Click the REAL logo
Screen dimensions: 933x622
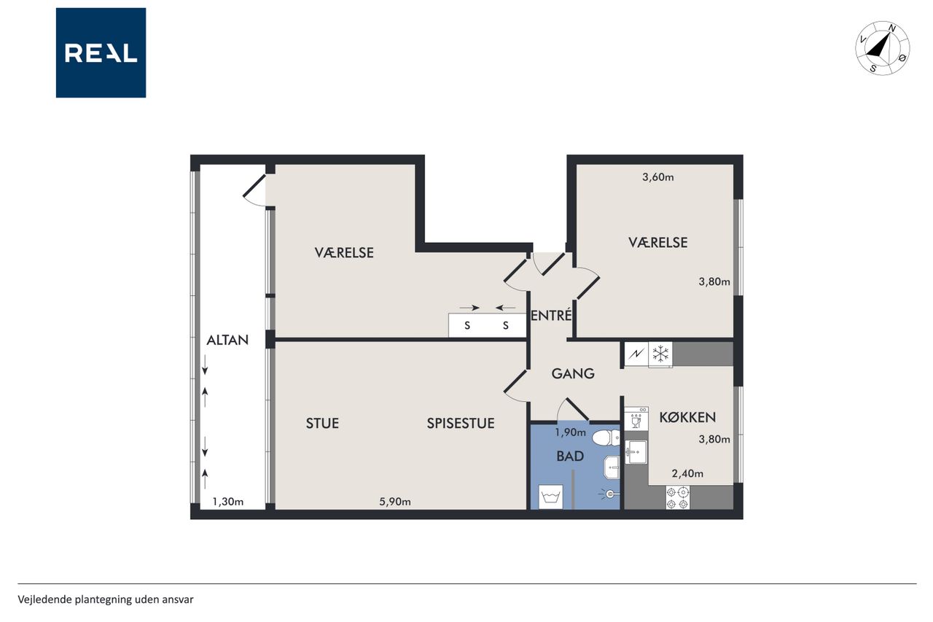point(101,53)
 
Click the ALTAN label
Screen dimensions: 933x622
point(227,341)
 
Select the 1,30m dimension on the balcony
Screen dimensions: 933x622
point(228,502)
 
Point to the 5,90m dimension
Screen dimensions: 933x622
point(395,502)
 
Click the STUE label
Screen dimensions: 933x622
point(322,423)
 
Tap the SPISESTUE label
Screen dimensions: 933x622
point(461,423)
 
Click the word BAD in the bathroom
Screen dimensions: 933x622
point(570,456)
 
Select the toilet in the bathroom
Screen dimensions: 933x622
point(606,438)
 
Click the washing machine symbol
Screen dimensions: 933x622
point(550,497)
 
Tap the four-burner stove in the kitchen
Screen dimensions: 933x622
point(678,498)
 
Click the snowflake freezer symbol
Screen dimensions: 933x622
point(660,354)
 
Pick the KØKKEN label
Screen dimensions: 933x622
point(687,417)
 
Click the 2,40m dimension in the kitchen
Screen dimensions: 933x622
point(687,473)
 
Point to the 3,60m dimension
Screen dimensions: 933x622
point(658,177)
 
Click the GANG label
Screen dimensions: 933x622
point(573,373)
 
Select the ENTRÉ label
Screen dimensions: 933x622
point(551,315)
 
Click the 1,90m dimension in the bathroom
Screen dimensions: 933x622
point(570,432)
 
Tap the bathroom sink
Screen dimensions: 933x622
point(612,467)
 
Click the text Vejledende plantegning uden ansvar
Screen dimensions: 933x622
point(106,599)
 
